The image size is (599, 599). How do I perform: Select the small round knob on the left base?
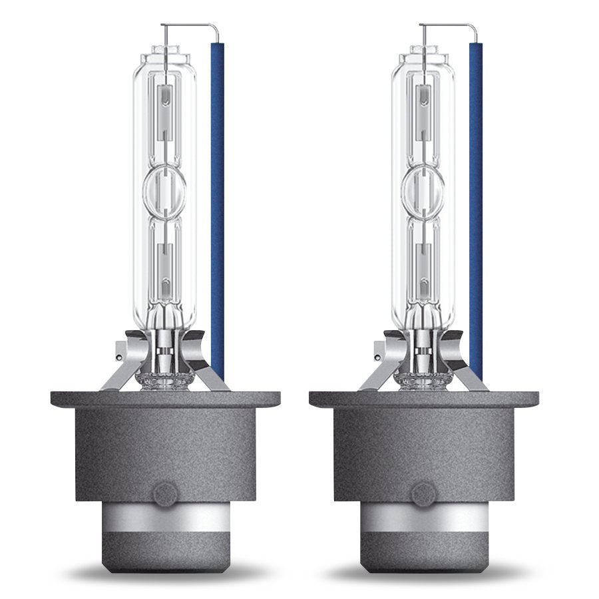[x=164, y=494]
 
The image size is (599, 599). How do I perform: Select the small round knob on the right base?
[x=422, y=494]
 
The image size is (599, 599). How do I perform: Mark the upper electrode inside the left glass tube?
[x=164, y=106]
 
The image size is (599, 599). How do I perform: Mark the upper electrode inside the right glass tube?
[x=423, y=106]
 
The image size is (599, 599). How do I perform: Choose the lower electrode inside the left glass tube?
[x=164, y=273]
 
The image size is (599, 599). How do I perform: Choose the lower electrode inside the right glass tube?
[x=423, y=273]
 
